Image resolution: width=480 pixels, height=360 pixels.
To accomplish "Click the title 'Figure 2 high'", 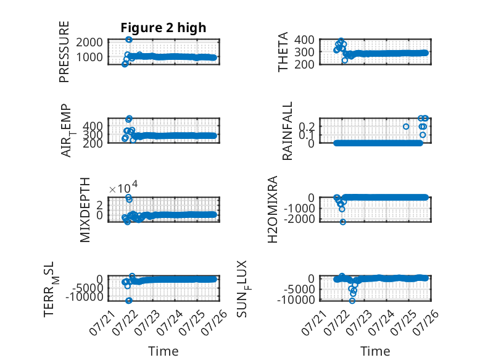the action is point(163,28).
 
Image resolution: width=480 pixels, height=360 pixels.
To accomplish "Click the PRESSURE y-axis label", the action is point(64,52).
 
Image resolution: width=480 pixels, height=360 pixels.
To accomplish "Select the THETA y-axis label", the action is point(283,52).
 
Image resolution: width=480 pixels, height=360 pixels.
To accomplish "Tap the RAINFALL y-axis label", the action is point(287,131).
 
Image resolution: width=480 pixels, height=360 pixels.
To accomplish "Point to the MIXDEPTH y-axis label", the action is point(85,210).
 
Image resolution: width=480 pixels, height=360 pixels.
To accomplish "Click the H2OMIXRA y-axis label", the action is point(273,209).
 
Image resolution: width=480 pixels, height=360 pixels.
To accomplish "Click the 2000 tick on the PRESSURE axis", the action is point(89,42).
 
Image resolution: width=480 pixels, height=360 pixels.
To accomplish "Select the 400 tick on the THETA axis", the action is point(304,40).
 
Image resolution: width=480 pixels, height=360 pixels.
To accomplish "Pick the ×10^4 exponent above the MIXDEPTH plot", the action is point(123,187).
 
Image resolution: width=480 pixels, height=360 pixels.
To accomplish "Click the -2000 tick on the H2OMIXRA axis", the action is point(299,219).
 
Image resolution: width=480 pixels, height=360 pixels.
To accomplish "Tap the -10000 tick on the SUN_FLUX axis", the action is point(296,299).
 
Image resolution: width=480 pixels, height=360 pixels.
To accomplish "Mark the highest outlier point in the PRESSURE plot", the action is point(129,40).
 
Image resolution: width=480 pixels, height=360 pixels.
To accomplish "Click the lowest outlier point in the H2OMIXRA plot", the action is point(343,222).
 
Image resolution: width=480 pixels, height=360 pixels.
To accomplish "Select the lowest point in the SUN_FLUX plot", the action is point(352,301).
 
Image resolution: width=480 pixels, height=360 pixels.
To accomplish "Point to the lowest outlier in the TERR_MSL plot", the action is point(129,301).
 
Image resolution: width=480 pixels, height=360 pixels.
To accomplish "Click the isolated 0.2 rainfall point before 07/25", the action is point(406,127).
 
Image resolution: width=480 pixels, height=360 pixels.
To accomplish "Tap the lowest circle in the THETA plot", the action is point(345,61).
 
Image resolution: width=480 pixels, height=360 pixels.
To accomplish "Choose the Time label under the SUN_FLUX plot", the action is point(375,351).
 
